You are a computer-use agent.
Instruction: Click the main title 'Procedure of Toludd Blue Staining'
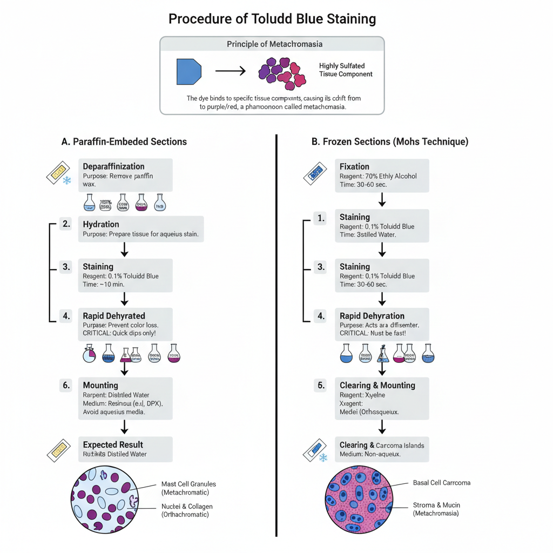[272, 19]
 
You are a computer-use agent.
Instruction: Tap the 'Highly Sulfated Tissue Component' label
[346, 70]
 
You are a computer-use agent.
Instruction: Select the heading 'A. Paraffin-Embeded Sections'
[124, 141]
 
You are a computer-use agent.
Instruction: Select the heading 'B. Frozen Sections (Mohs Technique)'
[390, 141]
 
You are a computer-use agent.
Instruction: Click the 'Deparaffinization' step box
[125, 175]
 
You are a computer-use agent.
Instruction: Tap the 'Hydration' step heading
[101, 224]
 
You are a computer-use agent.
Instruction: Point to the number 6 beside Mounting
[66, 385]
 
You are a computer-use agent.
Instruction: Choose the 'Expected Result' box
[125, 449]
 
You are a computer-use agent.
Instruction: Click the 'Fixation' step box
[382, 175]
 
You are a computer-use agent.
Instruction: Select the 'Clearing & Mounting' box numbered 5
[382, 399]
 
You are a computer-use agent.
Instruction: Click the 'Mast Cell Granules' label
[185, 488]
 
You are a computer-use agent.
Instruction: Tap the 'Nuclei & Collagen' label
[187, 510]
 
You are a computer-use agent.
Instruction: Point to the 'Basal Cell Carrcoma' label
[441, 482]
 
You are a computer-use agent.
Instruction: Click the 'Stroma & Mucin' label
[436, 509]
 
